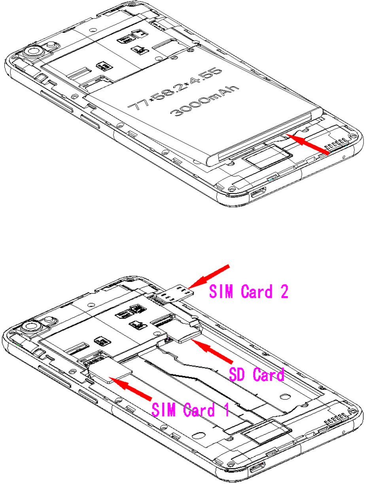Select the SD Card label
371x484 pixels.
tap(257, 374)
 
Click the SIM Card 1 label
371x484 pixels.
tap(190, 410)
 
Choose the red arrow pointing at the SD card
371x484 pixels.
tap(214, 352)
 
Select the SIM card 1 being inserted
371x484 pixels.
tap(111, 371)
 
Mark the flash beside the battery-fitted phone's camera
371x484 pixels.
tap(51, 45)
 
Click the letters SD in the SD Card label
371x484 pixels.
tap(238, 374)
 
